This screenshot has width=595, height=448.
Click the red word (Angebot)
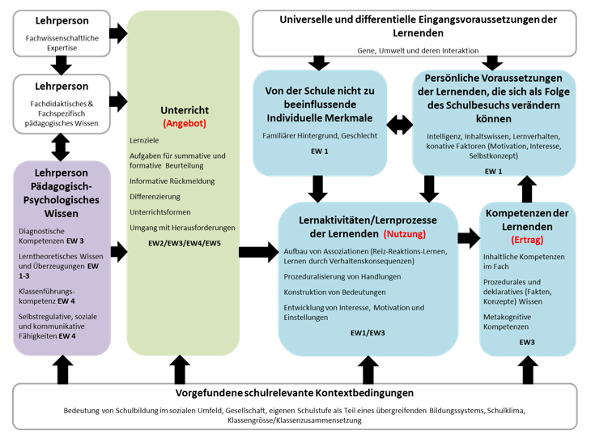pos(185,123)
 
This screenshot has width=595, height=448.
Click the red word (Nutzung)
pos(405,234)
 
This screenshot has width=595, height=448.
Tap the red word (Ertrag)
pos(527,240)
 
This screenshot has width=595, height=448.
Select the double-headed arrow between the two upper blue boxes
pos(400,125)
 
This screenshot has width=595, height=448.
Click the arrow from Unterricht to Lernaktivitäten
pos(259,252)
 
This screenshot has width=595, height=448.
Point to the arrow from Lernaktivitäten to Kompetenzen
pos(469,238)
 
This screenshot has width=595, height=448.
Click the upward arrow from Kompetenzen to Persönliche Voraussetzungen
pos(527,189)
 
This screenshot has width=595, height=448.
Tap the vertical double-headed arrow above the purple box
pos(61,147)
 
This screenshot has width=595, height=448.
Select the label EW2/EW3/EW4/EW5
pos(185,243)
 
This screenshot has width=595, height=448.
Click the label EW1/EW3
pos(368,333)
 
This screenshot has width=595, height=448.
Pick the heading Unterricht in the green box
pos(185,110)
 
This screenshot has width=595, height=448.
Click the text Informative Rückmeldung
pos(172,181)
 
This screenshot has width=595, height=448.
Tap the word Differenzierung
pos(155,197)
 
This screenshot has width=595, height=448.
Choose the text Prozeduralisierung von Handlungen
pos(342,277)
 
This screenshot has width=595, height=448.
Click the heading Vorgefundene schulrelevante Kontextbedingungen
pos(295,393)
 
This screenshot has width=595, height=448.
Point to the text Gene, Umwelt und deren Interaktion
pos(418,50)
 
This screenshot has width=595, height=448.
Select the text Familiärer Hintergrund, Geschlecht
pos(320,135)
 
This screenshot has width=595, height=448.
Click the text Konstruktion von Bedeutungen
pos(334,292)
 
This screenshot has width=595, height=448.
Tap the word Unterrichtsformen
pos(160,212)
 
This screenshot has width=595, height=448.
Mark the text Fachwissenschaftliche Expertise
pos(62,43)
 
